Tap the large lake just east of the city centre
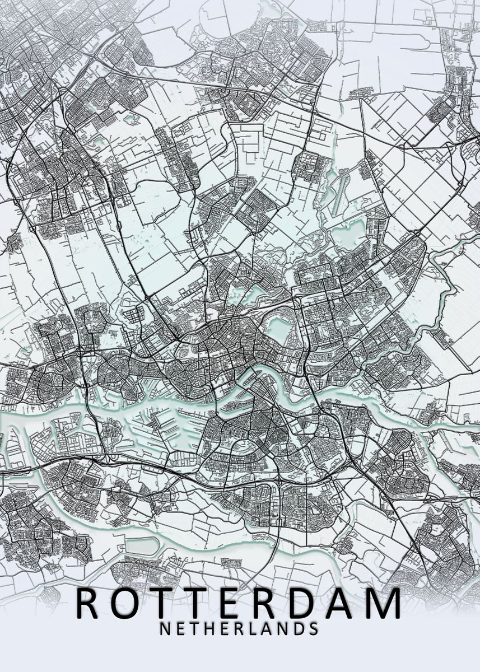click(x=277, y=328)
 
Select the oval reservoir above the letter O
click(x=140, y=545)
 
